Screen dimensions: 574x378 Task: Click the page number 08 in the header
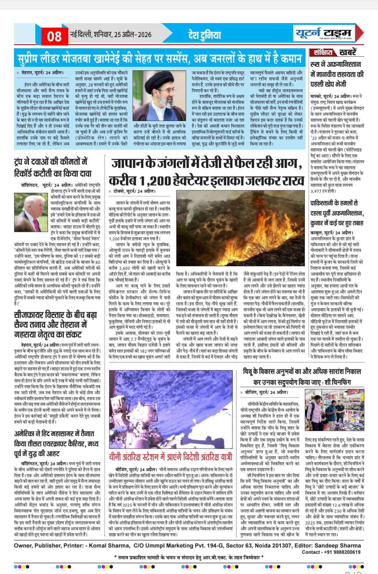(54, 36)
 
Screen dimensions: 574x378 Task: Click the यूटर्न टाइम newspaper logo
(323, 34)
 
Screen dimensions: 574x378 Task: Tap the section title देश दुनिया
(205, 35)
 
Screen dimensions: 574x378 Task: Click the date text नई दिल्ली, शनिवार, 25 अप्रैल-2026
(111, 34)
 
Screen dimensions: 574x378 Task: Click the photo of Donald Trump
(31, 211)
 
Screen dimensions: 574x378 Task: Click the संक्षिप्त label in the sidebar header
(323, 52)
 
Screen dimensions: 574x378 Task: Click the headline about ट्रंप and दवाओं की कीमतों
(53, 168)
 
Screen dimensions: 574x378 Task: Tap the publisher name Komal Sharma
(109, 546)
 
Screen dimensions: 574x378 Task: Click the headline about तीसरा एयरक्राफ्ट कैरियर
(56, 443)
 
